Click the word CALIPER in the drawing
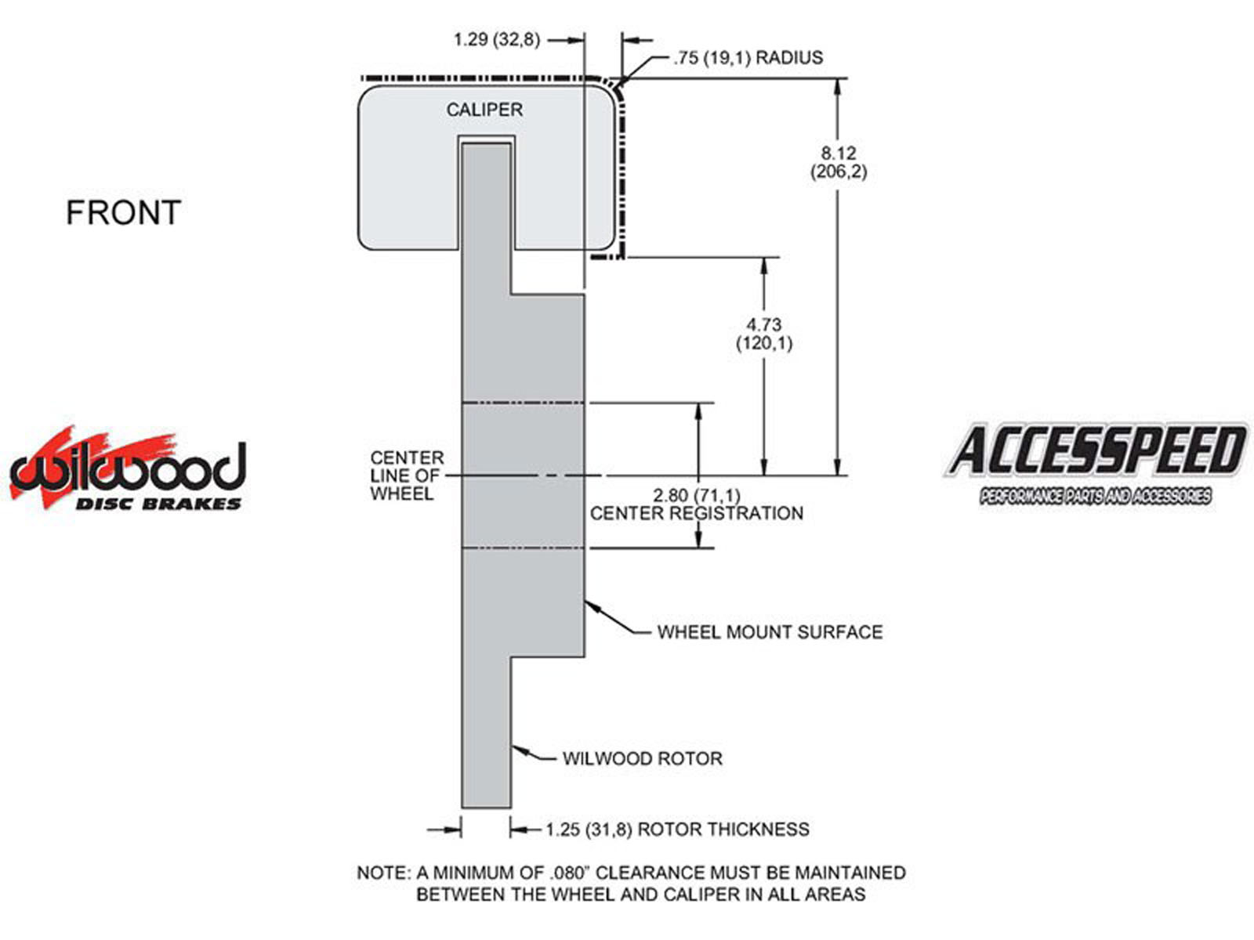pyautogui.click(x=484, y=110)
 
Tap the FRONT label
pyautogui.click(x=124, y=213)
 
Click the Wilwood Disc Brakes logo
pyautogui.click(x=128, y=468)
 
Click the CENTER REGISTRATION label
pyautogui.click(x=697, y=513)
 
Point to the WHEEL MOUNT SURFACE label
pyautogui.click(x=770, y=632)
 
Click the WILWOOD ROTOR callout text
pyautogui.click(x=643, y=758)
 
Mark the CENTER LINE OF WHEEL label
pyautogui.click(x=407, y=475)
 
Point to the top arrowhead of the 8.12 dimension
pyautogui.click(x=839, y=87)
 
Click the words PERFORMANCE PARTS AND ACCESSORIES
pyautogui.click(x=1096, y=496)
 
